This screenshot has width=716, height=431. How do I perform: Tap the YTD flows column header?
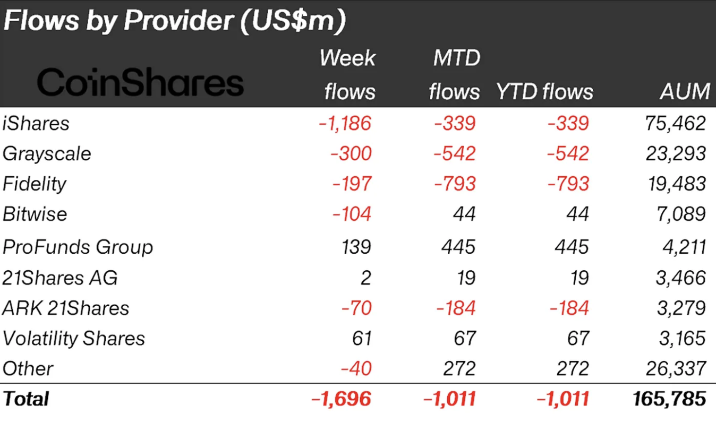click(x=544, y=91)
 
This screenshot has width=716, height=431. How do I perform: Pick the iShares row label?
click(x=36, y=124)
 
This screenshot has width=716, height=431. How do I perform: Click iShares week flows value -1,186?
click(x=345, y=124)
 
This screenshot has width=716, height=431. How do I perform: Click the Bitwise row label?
click(x=35, y=214)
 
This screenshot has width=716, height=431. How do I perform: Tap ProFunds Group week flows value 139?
click(x=355, y=247)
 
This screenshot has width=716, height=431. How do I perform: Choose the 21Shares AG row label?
click(x=60, y=278)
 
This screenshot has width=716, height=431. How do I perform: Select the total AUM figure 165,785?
click(x=669, y=399)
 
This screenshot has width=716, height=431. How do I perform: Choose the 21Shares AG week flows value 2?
click(x=365, y=278)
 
